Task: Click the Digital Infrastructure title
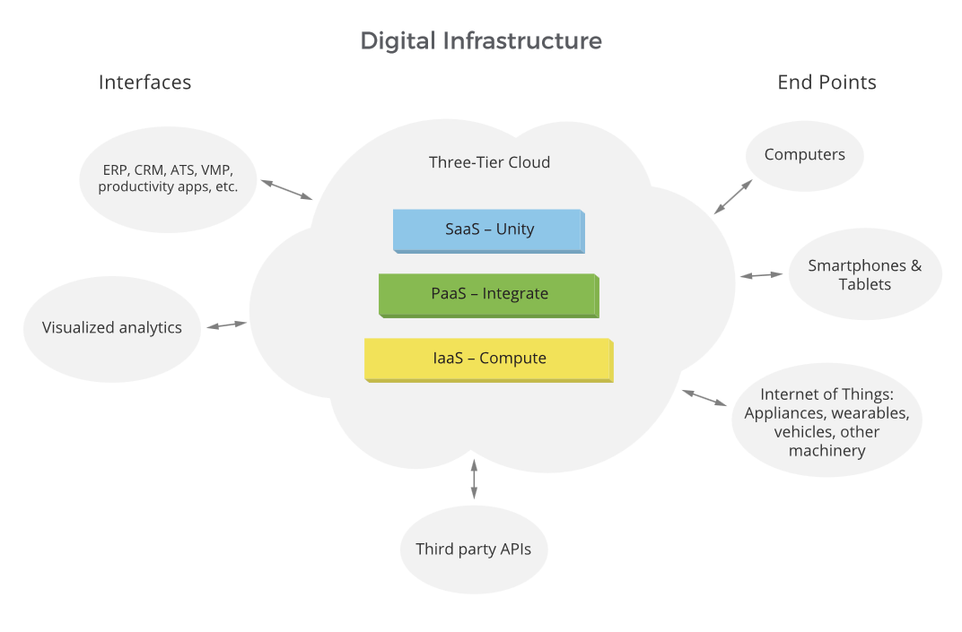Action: (x=481, y=40)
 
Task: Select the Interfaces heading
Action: (x=144, y=82)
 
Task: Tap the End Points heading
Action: (x=826, y=82)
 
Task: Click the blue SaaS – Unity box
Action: (x=489, y=229)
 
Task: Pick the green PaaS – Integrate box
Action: (x=489, y=294)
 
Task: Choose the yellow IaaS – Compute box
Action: (x=489, y=359)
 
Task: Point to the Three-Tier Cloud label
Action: (x=489, y=162)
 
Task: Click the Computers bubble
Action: (x=804, y=155)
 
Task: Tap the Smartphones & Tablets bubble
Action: (x=865, y=274)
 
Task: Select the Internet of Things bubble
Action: (x=826, y=421)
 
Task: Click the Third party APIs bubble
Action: (x=473, y=549)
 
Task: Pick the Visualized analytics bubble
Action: (x=112, y=328)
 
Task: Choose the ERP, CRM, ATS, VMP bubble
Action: (x=168, y=178)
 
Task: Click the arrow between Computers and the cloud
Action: (x=733, y=196)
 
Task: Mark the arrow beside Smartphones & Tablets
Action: (x=761, y=275)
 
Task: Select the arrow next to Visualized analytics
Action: (x=226, y=325)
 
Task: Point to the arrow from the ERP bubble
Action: (x=286, y=189)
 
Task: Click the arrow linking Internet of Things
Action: (x=704, y=398)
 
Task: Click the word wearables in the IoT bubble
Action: (x=870, y=413)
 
